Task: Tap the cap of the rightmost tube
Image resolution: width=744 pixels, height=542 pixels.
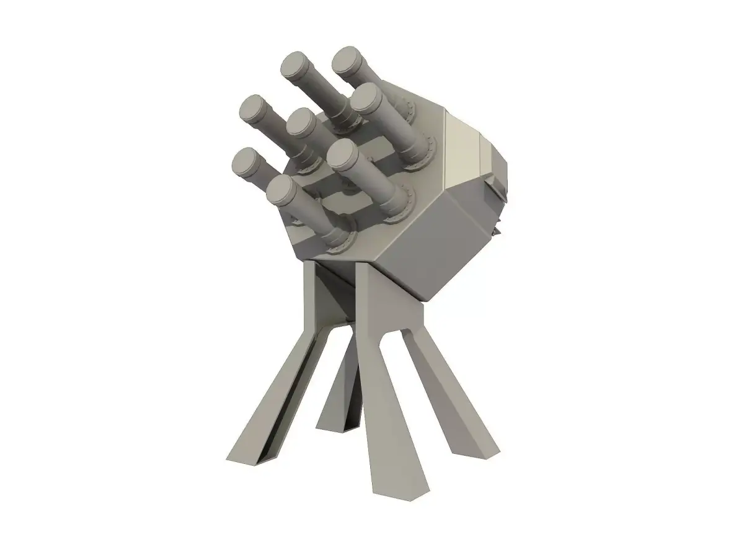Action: pyautogui.click(x=368, y=98)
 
